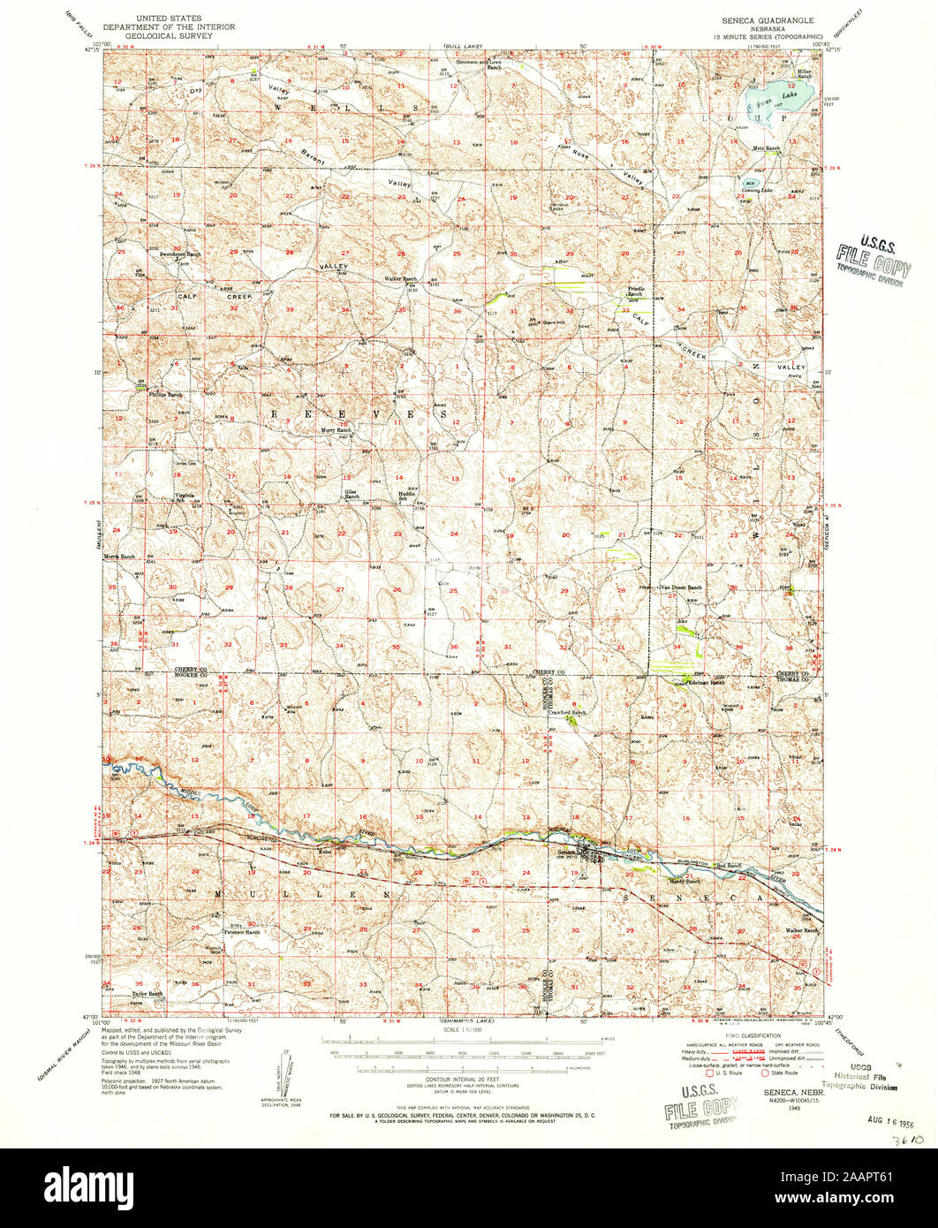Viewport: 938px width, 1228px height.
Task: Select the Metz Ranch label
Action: coord(766,148)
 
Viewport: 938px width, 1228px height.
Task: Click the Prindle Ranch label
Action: coord(635,291)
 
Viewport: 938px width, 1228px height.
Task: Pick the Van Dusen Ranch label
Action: coord(682,587)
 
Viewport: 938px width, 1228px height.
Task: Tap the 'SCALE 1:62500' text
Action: coord(468,1030)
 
